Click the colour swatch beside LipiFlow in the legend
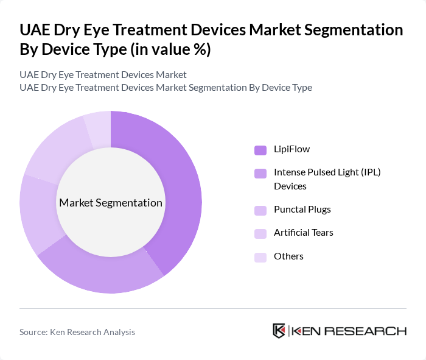pos(260,150)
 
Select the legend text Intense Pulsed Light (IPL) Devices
pos(326,179)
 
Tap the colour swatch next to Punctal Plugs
pos(260,210)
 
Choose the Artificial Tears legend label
pos(303,233)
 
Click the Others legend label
pos(288,256)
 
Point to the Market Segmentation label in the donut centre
pos(111,203)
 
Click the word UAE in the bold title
pos(38,30)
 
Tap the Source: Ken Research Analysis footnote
pos(77,332)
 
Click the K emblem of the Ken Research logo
pos(279,331)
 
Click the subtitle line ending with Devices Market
pos(103,75)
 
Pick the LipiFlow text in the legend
pos(292,149)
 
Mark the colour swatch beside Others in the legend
pos(260,257)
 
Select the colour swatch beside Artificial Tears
pos(260,233)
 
